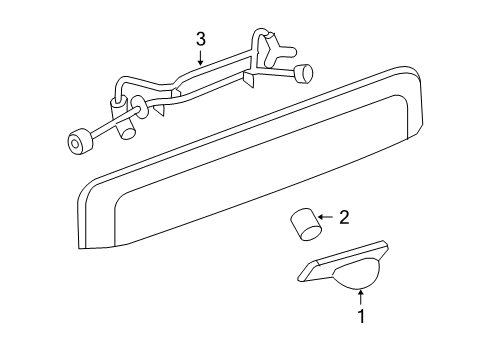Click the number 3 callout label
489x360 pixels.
click(x=200, y=39)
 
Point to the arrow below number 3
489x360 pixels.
click(x=200, y=57)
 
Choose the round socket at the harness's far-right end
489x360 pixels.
click(x=304, y=73)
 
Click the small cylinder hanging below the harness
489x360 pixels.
click(x=126, y=128)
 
